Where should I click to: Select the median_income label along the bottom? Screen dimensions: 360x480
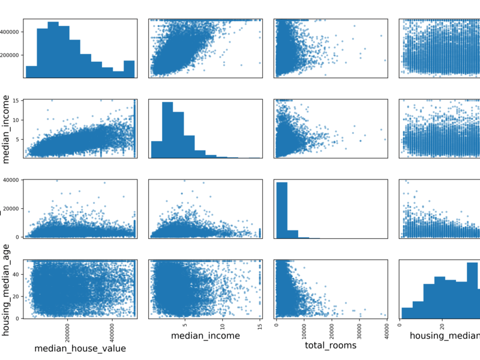click(206, 336)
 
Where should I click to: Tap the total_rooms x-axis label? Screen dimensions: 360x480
click(331, 346)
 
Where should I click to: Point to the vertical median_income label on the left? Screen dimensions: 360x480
click(8, 128)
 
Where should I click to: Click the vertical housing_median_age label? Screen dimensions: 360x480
click(8, 289)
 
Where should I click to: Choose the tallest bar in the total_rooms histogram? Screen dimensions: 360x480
click(281, 210)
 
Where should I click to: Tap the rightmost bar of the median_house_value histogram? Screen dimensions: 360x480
click(130, 69)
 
